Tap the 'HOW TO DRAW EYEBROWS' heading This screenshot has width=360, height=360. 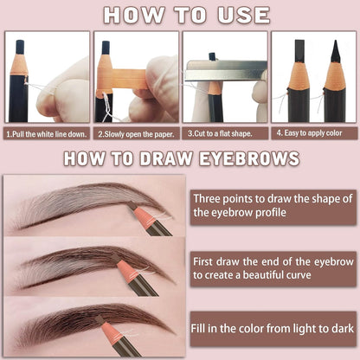coord(180,158)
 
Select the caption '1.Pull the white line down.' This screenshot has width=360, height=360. coord(47,134)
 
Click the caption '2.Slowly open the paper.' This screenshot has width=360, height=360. coord(137,134)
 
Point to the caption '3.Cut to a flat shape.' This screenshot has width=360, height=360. coord(224,134)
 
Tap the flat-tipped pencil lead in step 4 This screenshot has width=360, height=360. coord(299,51)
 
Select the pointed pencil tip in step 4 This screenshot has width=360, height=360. coord(333,55)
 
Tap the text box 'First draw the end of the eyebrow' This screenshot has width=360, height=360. coord(273,267)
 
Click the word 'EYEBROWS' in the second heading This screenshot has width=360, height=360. coord(254,158)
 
